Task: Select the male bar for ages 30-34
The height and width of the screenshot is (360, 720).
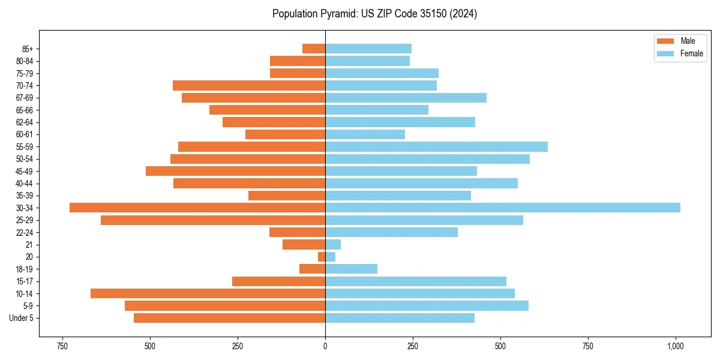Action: click(x=197, y=208)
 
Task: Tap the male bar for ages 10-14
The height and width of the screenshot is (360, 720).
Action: click(x=208, y=293)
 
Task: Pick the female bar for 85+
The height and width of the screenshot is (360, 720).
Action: click(x=368, y=49)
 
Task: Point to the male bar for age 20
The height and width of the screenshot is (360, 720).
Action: click(x=322, y=257)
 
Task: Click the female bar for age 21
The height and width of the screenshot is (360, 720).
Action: click(x=333, y=244)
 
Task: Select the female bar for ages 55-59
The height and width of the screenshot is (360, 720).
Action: click(x=436, y=146)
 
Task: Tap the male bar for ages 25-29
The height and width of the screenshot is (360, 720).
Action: click(x=213, y=220)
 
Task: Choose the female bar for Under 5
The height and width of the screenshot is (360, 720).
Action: click(x=400, y=318)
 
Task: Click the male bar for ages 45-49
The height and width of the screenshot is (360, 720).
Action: click(x=235, y=171)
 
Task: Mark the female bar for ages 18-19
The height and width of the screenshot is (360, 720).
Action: click(x=351, y=269)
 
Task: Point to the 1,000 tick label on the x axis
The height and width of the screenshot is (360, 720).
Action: click(x=676, y=346)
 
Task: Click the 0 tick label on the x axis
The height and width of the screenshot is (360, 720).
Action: click(x=325, y=346)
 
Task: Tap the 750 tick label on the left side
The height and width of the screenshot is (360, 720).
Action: click(x=62, y=346)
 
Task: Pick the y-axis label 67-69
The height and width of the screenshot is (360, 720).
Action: click(x=25, y=98)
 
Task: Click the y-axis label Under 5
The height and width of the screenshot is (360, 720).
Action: click(x=22, y=318)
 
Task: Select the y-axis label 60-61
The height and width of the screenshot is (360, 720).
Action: click(x=25, y=134)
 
